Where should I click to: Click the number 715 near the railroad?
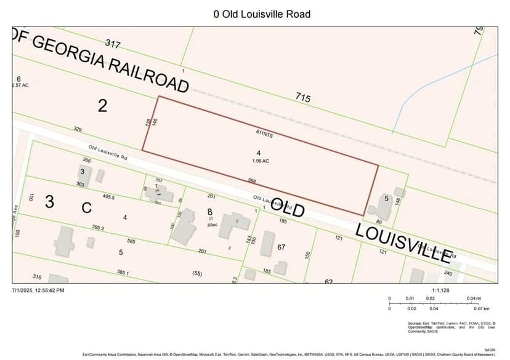302,98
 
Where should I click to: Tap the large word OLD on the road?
288,209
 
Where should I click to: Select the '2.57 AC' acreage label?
21,86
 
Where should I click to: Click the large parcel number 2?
103,106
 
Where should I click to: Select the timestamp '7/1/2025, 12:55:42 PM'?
38,290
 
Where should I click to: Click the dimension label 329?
78,129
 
